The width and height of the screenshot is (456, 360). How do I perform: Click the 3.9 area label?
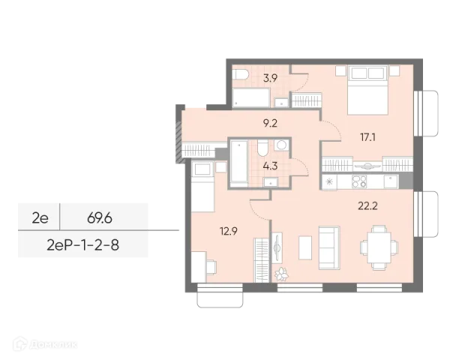click(270, 78)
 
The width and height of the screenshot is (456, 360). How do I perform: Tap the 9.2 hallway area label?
click(270, 124)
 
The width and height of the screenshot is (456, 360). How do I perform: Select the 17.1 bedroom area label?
click(368, 137)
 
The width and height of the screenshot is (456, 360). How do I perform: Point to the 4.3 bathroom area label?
click(270, 166)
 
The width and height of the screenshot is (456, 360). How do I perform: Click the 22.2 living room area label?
click(367, 206)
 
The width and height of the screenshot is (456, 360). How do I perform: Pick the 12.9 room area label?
click(229, 231)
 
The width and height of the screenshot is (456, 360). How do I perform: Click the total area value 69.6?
click(100, 218)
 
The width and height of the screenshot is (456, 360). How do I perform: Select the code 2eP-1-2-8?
click(83, 245)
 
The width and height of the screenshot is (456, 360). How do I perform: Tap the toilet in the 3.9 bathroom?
click(240, 74)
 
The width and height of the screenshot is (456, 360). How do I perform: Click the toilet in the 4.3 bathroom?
click(263, 148)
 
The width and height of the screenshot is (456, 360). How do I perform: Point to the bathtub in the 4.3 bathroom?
click(239, 163)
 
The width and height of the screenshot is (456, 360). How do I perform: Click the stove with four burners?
click(359, 181)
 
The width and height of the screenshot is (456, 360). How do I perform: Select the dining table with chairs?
click(379, 247)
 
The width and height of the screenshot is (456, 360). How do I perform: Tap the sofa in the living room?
click(329, 248)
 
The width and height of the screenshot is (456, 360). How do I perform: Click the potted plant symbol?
click(281, 274)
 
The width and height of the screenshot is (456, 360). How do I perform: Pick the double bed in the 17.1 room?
click(368, 90)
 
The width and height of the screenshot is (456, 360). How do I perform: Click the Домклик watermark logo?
click(45, 344)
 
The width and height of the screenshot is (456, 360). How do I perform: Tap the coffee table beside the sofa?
click(305, 247)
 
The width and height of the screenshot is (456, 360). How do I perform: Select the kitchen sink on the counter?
click(391, 181)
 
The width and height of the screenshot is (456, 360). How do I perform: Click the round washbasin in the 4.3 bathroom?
click(281, 145)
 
